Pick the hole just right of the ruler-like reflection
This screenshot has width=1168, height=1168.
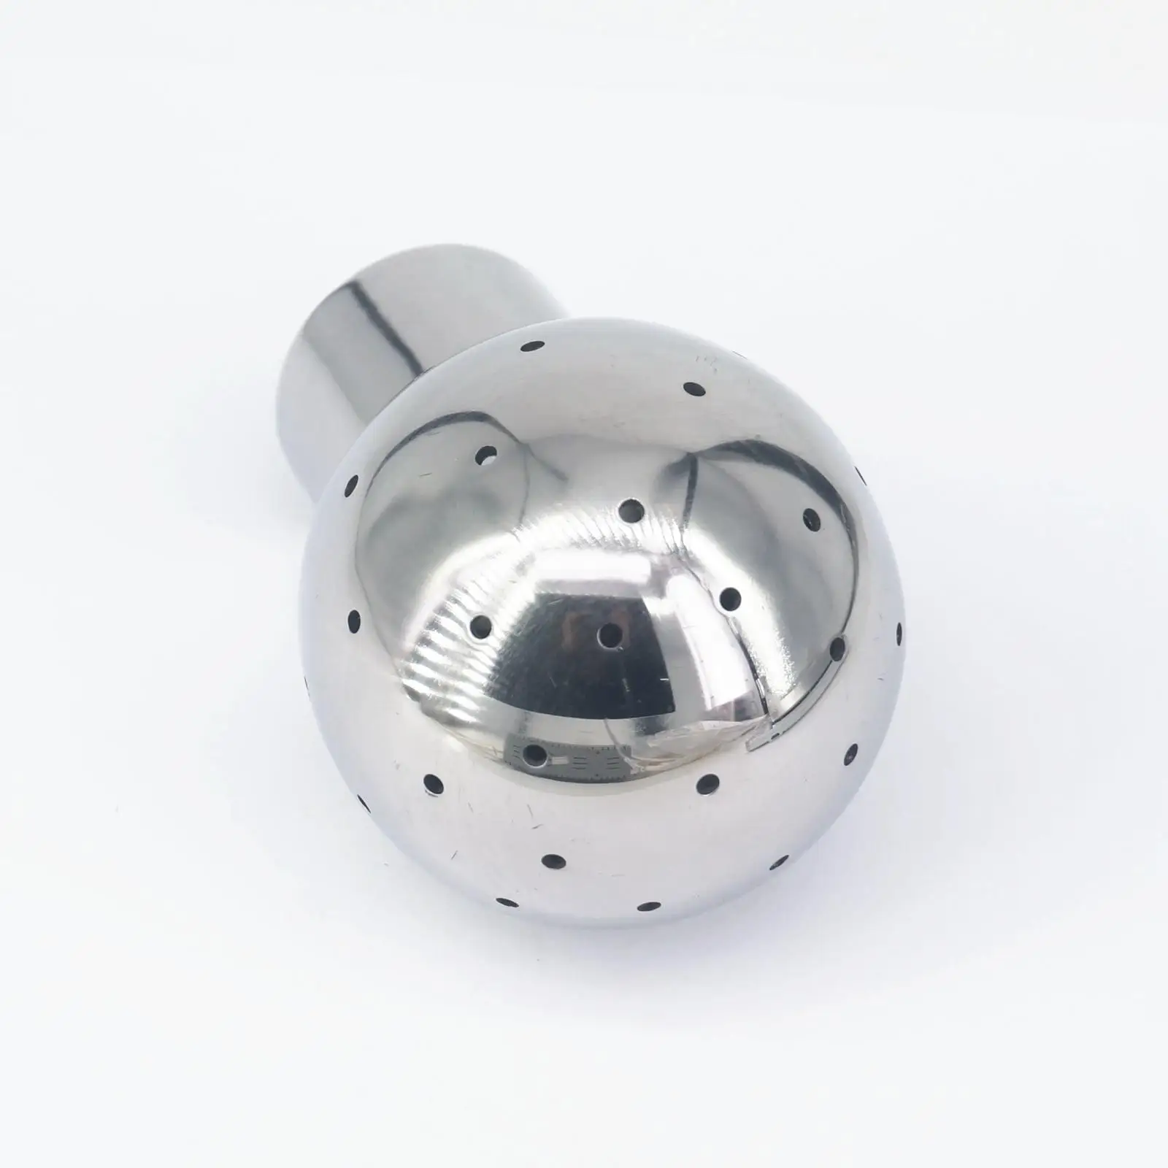pos(707,783)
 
